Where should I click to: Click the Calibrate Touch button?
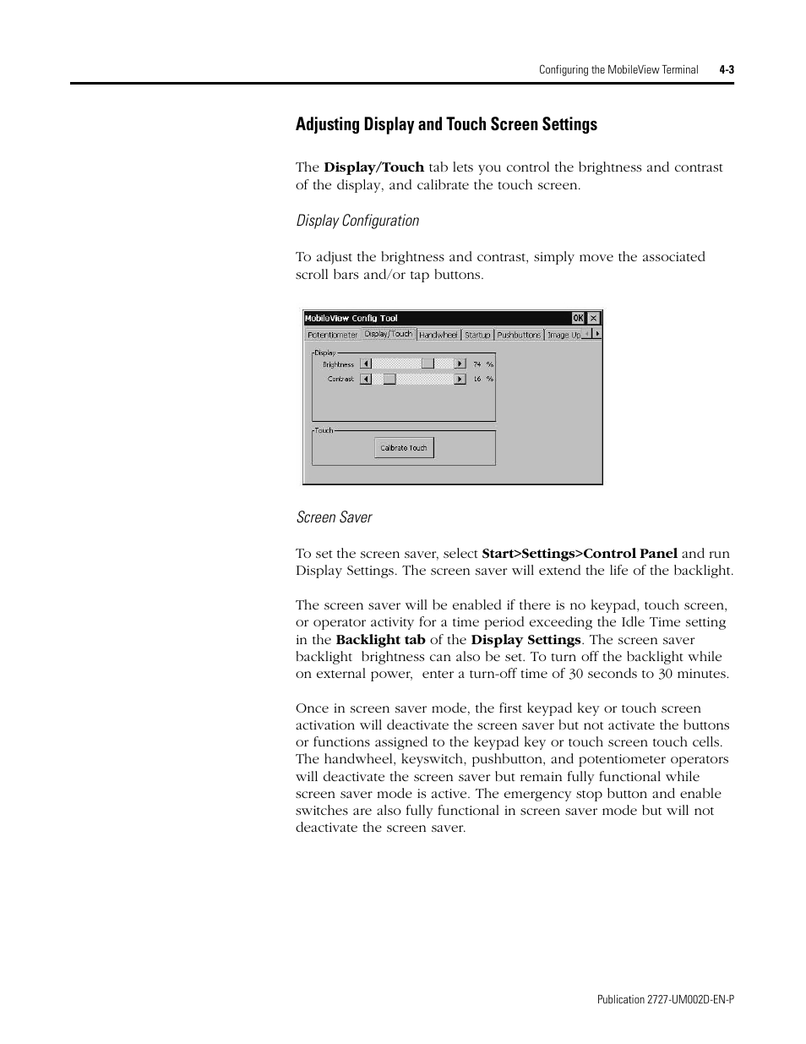tap(404, 448)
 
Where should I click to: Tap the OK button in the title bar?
tap(578, 318)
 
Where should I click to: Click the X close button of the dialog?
tap(594, 318)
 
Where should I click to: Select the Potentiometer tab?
tap(332, 335)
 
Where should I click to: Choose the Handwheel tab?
tap(438, 335)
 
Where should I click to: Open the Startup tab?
tap(477, 335)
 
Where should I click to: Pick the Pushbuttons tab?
tap(519, 335)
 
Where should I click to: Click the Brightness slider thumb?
tap(428, 363)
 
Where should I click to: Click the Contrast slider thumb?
tap(389, 380)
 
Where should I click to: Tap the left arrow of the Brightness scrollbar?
tap(366, 363)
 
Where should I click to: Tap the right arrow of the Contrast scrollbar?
tap(460, 380)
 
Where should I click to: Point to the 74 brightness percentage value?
tap(477, 364)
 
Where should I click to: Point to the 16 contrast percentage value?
tap(477, 380)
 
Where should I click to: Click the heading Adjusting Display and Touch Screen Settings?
tap(446, 124)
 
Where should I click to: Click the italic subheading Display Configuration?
tap(357, 221)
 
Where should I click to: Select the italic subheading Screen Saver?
tap(334, 517)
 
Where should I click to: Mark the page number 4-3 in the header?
tap(727, 70)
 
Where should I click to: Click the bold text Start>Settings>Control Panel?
tap(580, 554)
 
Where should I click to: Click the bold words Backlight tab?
tap(380, 640)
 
